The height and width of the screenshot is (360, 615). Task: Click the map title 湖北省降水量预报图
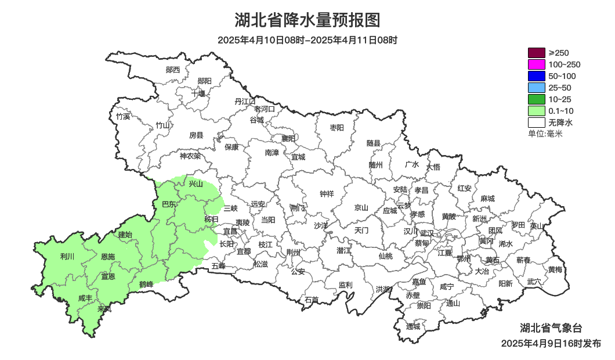point(307,20)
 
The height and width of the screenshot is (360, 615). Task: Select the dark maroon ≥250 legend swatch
point(536,53)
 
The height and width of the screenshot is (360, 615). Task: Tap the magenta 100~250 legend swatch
point(536,64)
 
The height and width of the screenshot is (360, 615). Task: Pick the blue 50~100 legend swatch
point(536,76)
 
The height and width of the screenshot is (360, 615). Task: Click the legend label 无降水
point(560,123)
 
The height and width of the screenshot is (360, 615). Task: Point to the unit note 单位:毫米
point(545,134)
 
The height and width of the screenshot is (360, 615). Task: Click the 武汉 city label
point(426,233)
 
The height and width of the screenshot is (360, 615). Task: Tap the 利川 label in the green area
point(67,256)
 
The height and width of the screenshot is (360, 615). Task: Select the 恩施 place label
point(108,257)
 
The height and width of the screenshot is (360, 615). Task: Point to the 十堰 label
point(198,93)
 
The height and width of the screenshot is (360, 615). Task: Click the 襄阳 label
point(288,138)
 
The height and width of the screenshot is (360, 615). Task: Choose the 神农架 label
point(190,156)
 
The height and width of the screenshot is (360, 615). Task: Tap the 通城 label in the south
point(413,326)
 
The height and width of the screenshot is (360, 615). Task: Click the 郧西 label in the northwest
point(173,70)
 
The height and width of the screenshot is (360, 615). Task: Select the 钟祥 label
point(327,194)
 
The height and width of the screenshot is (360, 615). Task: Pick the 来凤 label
point(104,309)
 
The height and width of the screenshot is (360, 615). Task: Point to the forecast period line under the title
point(307,41)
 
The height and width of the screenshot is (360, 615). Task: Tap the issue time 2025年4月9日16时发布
point(551,344)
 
